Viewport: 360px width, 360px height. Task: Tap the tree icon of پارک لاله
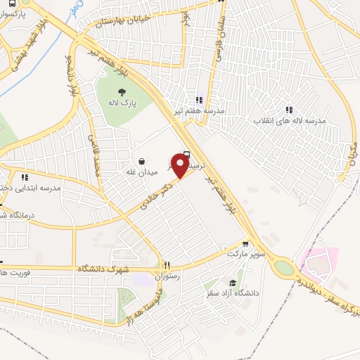pos(122,91)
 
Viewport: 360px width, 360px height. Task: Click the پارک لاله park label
pos(122,103)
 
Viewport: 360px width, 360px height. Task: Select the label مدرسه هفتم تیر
pos(200,111)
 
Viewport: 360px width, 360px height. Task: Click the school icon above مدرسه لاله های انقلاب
pos(289,109)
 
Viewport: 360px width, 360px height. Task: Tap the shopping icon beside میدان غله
pos(143,161)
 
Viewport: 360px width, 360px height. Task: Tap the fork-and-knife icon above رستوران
pos(167,266)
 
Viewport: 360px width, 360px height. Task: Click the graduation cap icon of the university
pos(230,282)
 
